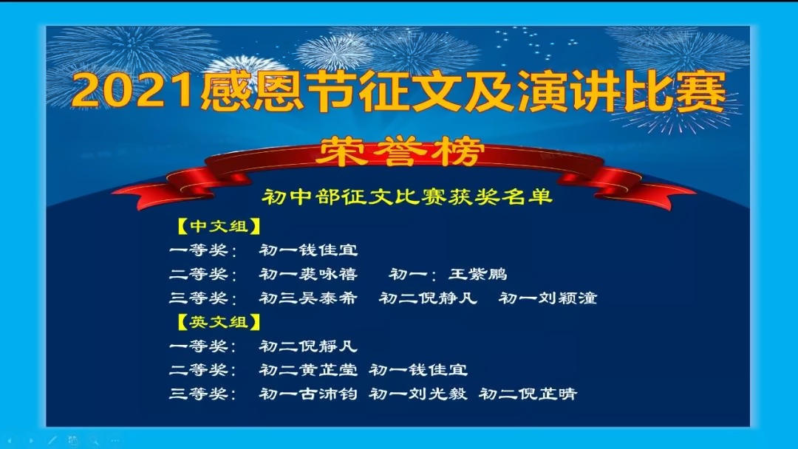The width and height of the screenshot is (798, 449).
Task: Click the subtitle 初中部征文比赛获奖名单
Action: point(407,196)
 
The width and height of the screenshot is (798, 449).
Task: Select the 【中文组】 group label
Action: point(219,226)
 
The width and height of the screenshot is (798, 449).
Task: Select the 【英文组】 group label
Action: point(219,322)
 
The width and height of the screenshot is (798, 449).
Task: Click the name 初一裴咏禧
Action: point(308,274)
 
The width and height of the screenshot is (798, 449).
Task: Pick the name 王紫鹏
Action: point(478,274)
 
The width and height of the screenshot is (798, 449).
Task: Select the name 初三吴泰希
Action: point(308,298)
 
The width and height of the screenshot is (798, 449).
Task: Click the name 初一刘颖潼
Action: point(548,298)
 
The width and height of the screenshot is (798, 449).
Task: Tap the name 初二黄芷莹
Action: point(308,370)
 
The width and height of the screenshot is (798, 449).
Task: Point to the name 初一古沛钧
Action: point(308,394)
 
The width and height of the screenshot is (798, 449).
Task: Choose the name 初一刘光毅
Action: point(418,394)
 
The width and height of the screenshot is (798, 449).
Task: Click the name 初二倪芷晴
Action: point(528,394)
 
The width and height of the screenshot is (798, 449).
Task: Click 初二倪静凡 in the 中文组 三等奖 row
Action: point(429,298)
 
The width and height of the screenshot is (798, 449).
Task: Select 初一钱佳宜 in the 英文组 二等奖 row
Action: point(418,370)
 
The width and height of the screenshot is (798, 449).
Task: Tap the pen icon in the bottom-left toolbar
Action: point(52,440)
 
